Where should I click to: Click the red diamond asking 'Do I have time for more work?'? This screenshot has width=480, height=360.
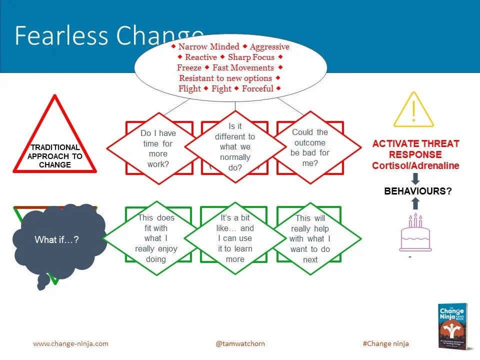(158, 148)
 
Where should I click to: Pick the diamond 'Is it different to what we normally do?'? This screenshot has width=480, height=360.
(235, 147)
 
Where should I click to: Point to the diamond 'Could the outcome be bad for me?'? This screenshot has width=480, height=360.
(310, 147)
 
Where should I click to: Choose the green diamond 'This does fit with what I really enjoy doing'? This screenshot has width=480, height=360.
(155, 238)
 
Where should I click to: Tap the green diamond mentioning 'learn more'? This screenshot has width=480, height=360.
(235, 238)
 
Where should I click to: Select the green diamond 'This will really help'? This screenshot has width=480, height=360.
(310, 238)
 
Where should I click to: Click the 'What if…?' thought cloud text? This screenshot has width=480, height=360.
(56, 240)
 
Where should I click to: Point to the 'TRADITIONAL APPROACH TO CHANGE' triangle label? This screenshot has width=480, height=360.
(55, 156)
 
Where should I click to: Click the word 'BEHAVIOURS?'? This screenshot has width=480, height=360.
(415, 190)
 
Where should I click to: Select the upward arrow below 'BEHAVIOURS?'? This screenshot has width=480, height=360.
(415, 203)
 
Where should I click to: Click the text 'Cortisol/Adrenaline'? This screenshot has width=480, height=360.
(415, 165)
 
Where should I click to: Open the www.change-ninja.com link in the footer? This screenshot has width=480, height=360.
(70, 343)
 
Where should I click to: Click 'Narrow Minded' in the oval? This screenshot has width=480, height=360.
(208, 46)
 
